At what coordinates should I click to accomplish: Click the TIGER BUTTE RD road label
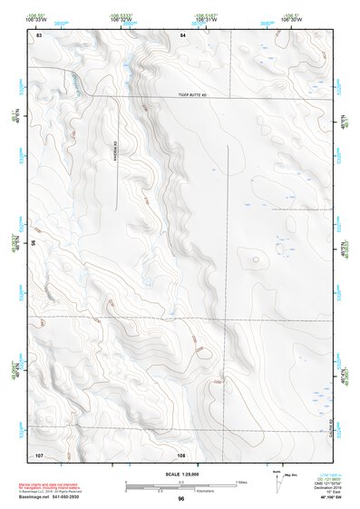(194, 93)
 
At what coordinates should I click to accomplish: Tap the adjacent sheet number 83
(40, 34)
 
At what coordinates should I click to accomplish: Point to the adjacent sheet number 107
(40, 453)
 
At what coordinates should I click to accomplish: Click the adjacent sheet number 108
(181, 453)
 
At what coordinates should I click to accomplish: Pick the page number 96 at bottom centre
(181, 499)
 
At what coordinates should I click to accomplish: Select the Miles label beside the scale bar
(242, 481)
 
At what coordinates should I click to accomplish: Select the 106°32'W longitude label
(124, 18)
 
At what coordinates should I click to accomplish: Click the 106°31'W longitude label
(207, 18)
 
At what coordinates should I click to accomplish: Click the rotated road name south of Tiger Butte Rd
(117, 154)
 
